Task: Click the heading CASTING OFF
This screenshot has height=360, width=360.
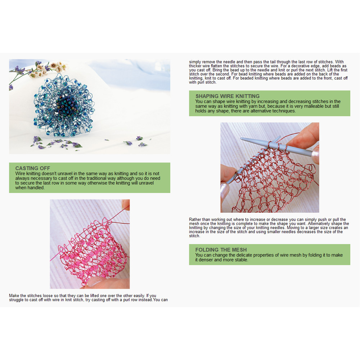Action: [x=33, y=168]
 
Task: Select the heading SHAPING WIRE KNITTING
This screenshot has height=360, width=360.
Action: [x=228, y=96]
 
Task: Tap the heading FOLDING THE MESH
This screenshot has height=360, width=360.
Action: [x=221, y=250]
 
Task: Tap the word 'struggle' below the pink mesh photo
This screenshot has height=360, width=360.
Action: [x=18, y=300]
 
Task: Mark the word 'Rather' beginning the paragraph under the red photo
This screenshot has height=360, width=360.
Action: [x=195, y=220]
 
